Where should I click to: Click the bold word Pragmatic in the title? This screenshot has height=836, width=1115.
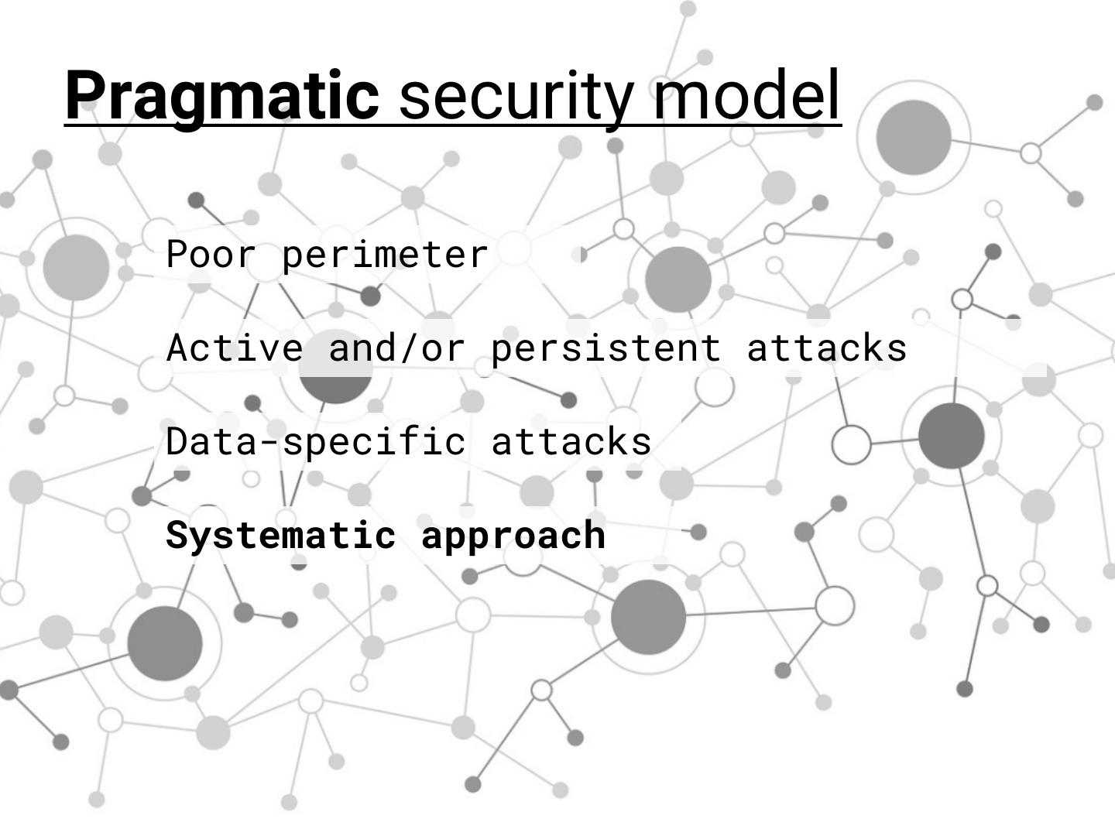pos(221,95)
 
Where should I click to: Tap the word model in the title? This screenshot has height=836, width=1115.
pos(746,95)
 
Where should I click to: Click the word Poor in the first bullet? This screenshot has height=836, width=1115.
pos(211,255)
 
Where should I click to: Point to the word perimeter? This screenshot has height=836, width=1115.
pos(385,255)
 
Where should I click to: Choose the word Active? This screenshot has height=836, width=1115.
pos(235,348)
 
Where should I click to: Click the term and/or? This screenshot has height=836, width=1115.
pos(396,348)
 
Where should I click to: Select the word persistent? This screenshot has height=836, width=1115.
pos(606,348)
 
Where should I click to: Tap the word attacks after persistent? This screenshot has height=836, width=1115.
pos(827,348)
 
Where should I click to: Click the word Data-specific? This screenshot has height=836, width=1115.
pos(316,442)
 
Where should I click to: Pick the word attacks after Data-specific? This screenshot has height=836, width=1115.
pos(571,442)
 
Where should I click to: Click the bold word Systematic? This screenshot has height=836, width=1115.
pos(281,536)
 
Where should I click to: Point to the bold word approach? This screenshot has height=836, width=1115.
pos(513,536)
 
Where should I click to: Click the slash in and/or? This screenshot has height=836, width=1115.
pos(408,348)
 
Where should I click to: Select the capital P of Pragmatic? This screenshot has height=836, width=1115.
pos(84,95)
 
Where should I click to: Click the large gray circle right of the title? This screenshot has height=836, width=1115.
pos(914,137)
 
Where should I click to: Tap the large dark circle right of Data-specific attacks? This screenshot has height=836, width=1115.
pos(952,436)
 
